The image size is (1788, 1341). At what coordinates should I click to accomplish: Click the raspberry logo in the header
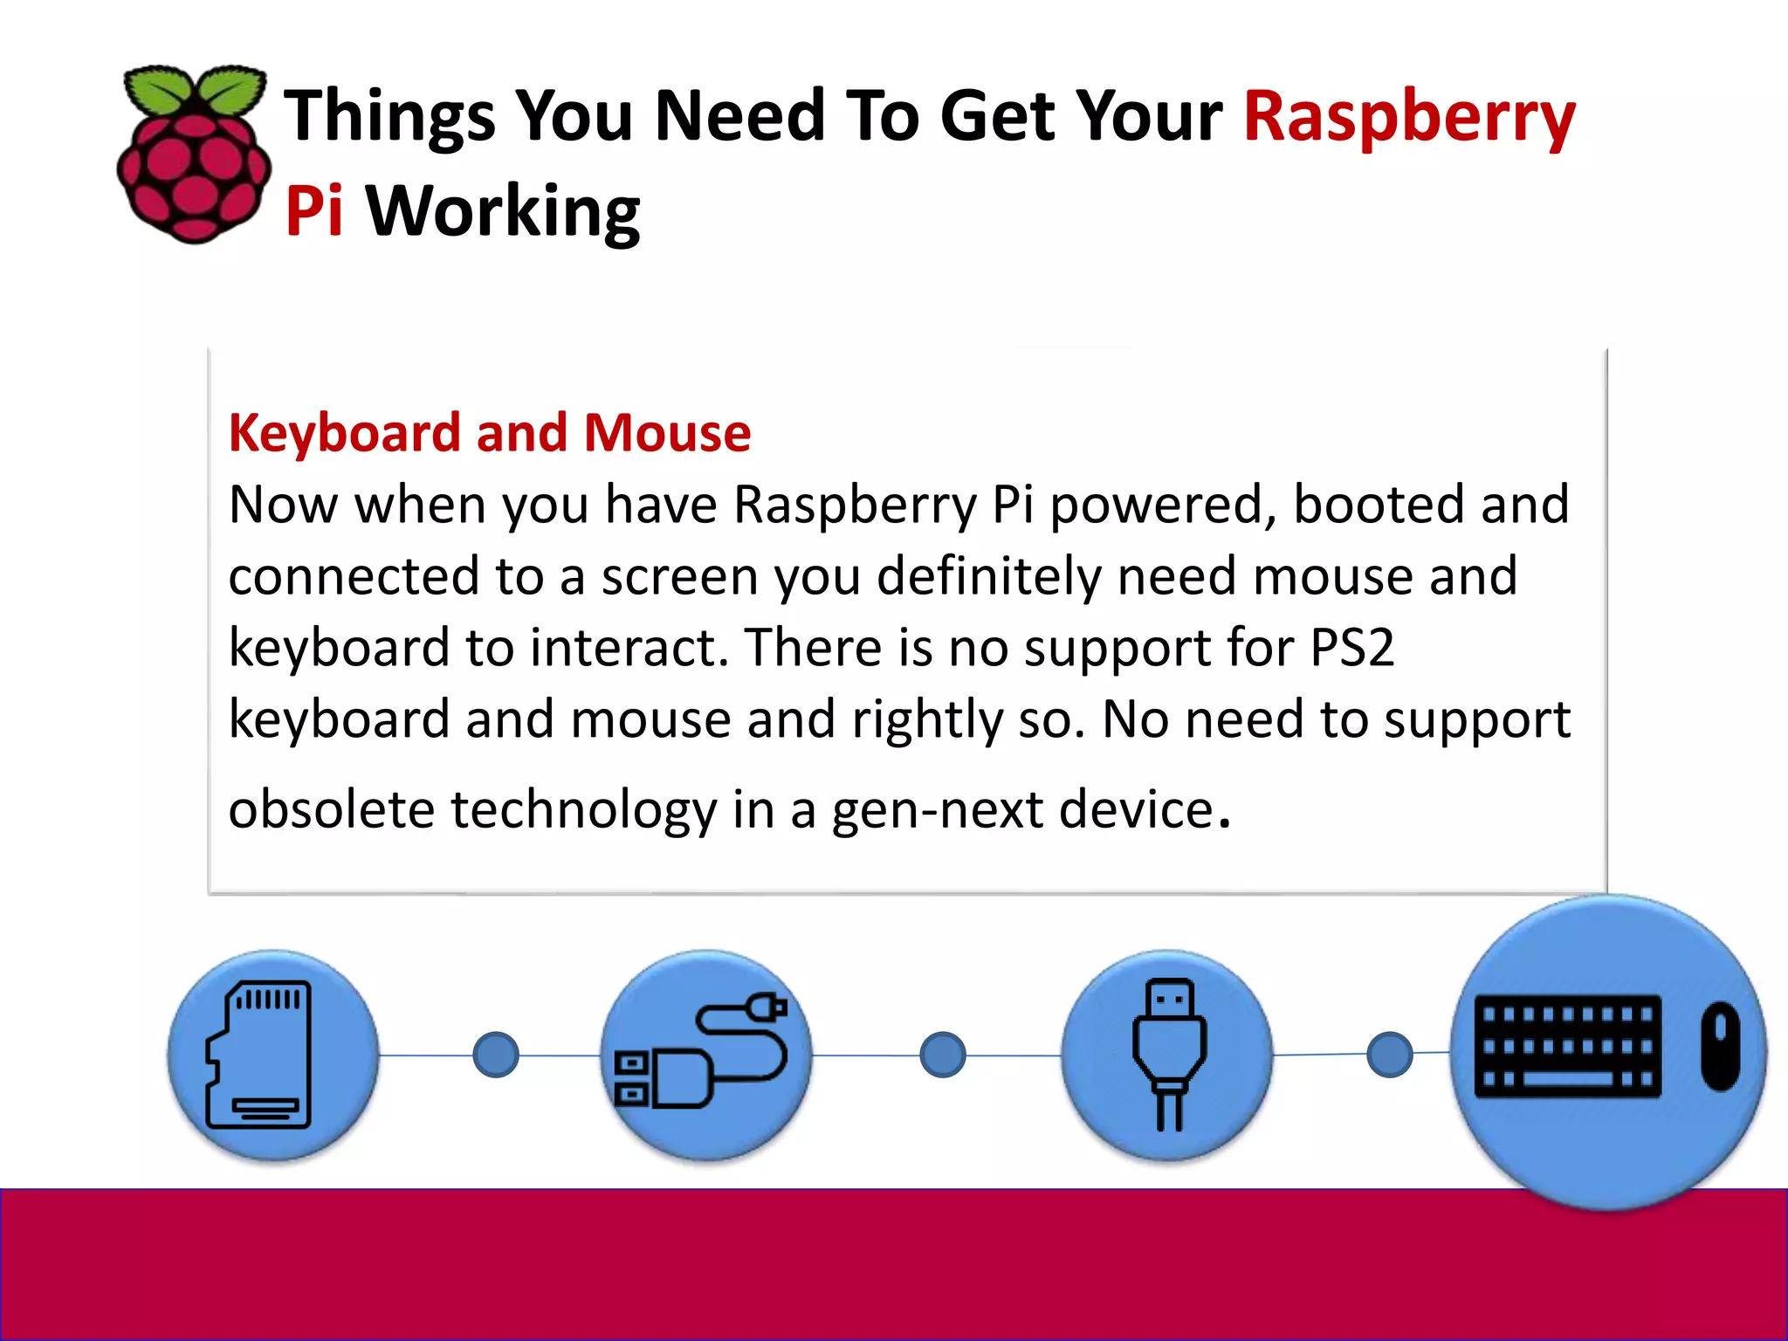tap(194, 166)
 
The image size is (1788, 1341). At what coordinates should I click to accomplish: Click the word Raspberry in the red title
tap(1408, 118)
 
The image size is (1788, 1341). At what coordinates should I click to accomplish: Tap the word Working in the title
tap(503, 212)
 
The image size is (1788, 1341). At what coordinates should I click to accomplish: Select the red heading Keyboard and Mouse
tap(489, 433)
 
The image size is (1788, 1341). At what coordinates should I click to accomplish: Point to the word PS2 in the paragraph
tap(1351, 648)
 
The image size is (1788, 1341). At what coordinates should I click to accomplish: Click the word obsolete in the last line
tap(331, 809)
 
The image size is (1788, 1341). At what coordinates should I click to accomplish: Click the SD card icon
tap(260, 1056)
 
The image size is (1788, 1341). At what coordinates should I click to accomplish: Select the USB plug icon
tap(1169, 1054)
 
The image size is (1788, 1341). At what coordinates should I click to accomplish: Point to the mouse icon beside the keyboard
tap(1720, 1046)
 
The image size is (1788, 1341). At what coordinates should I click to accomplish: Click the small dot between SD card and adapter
tap(496, 1055)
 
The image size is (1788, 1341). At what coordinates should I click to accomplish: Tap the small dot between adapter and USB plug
tap(943, 1055)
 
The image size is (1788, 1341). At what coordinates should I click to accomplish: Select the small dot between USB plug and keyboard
tap(1390, 1055)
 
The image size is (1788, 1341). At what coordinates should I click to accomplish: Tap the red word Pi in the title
tap(313, 212)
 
